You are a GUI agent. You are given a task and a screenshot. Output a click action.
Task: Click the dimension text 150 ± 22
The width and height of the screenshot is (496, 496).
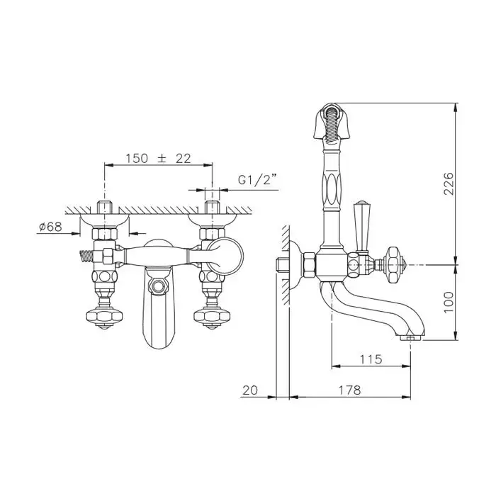click(159, 159)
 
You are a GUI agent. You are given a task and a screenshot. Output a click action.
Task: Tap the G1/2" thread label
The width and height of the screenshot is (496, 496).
click(257, 180)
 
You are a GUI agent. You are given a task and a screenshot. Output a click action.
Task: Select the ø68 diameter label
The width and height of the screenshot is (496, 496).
click(50, 227)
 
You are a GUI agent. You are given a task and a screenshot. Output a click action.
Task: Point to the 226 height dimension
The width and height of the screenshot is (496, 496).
click(449, 184)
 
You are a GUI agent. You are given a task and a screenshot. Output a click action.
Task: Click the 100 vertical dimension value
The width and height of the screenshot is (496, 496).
click(449, 302)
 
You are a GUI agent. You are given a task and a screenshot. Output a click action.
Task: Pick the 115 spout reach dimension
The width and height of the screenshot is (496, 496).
click(371, 359)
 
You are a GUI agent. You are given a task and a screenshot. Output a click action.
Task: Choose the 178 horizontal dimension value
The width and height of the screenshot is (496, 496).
click(349, 390)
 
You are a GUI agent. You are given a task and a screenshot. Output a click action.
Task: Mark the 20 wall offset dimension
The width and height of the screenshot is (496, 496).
click(250, 390)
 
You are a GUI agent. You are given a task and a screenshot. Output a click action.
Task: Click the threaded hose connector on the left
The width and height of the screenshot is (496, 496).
click(86, 257)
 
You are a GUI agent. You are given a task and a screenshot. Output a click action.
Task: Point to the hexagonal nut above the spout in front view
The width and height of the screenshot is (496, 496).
click(158, 286)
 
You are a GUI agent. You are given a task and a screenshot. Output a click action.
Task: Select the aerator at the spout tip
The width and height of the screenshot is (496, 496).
click(410, 339)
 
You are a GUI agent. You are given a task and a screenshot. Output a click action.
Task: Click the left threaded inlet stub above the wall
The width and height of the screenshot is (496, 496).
click(104, 208)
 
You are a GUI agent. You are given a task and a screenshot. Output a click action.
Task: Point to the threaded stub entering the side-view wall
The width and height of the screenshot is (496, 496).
click(283, 265)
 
